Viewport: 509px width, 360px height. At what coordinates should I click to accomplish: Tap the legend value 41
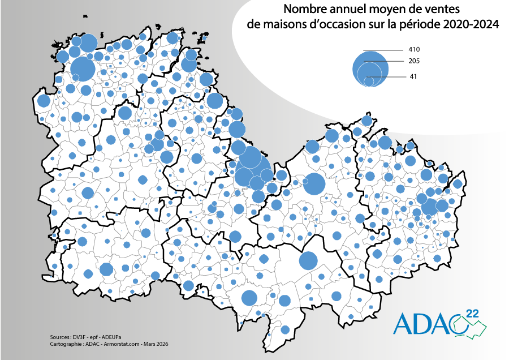click(x=413, y=76)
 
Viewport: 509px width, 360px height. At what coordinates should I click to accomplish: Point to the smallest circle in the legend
click(x=369, y=82)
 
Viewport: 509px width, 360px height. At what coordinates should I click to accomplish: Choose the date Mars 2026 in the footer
click(x=156, y=344)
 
